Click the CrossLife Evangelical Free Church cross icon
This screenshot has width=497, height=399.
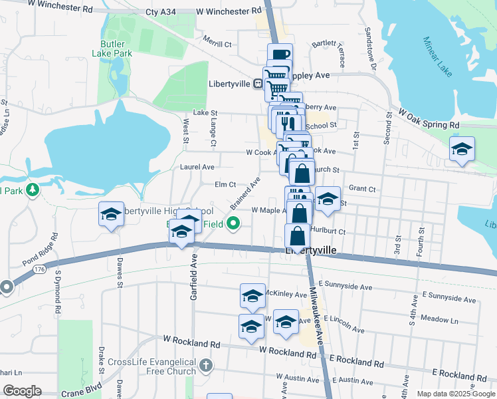207,365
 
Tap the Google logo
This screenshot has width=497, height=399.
22,391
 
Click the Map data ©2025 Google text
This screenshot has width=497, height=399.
455,393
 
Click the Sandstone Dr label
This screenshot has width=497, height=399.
369,47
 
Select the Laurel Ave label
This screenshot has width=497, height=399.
197,166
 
